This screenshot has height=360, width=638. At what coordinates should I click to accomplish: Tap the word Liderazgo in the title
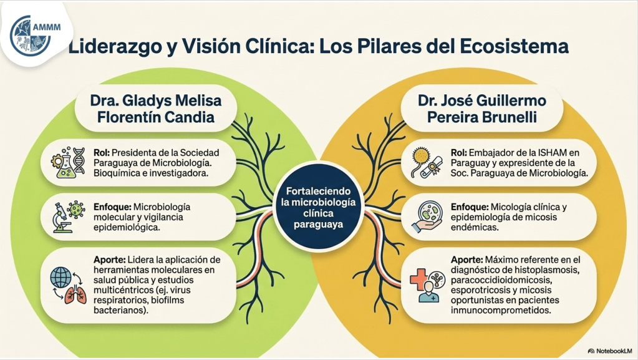(x=114, y=46)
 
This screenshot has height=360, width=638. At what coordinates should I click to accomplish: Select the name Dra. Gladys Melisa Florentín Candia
(x=156, y=109)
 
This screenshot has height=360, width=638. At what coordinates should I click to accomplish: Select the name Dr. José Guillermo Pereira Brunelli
(x=481, y=109)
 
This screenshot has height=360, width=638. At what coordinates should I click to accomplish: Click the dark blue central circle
(x=318, y=208)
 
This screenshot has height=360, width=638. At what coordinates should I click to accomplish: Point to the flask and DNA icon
(x=68, y=162)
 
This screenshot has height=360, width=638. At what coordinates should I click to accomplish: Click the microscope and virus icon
(x=69, y=217)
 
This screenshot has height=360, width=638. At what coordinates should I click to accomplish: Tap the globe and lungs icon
(x=69, y=286)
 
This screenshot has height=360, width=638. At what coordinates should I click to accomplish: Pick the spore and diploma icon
(x=427, y=162)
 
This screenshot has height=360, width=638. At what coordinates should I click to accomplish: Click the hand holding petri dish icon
(x=427, y=216)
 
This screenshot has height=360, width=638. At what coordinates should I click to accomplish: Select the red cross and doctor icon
(x=427, y=286)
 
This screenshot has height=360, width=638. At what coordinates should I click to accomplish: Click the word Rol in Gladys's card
(x=102, y=153)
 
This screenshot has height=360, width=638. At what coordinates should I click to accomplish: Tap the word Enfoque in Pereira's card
(x=470, y=207)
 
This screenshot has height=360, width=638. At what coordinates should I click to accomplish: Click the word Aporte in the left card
(x=110, y=260)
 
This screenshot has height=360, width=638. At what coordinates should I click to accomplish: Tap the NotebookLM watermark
(x=610, y=351)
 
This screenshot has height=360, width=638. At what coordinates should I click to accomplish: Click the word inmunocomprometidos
(x=501, y=310)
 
